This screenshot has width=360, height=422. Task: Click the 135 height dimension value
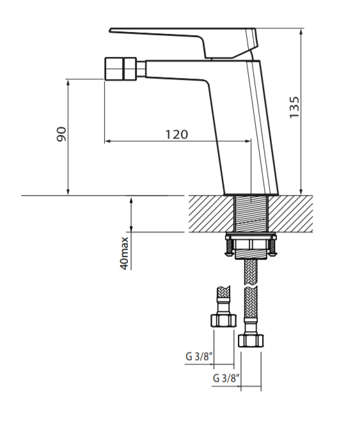pyautogui.click(x=293, y=107)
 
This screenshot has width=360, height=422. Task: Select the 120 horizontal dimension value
pyautogui.click(x=176, y=134)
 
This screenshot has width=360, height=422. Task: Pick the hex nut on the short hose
pyautogui.click(x=222, y=320)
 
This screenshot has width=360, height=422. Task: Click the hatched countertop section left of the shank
pyautogui.click(x=211, y=213)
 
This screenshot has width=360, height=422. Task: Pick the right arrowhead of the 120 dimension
pyautogui.click(x=247, y=141)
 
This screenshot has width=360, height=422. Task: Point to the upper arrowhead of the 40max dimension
pyautogui.click(x=131, y=200)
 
